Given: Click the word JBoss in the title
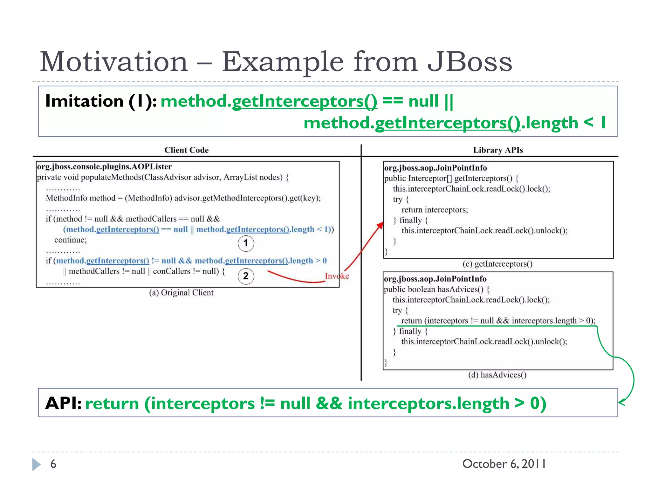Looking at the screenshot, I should click(469, 62).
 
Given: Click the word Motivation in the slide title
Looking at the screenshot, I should click(114, 62).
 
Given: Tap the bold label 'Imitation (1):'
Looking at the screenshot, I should click(101, 101).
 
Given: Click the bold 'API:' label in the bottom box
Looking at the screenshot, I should click(63, 403).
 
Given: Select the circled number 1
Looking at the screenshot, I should click(246, 243).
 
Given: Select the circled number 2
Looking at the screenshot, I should click(246, 276).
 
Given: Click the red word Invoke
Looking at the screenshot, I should click(337, 276).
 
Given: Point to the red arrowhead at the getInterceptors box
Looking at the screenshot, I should click(380, 225).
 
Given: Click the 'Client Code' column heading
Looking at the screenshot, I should click(186, 150).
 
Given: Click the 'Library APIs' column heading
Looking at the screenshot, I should click(498, 150).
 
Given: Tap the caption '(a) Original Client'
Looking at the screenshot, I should click(181, 293).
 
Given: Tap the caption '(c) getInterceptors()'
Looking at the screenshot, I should click(497, 264).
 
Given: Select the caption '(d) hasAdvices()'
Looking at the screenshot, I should click(497, 375).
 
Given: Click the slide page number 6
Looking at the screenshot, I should click(53, 464).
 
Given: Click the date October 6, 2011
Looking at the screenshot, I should click(504, 464).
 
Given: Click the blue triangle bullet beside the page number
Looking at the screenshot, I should click(36, 464).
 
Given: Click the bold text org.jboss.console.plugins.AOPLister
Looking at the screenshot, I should click(104, 166).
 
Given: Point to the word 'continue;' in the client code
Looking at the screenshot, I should click(70, 240).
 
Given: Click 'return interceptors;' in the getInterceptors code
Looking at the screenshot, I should click(435, 210).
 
